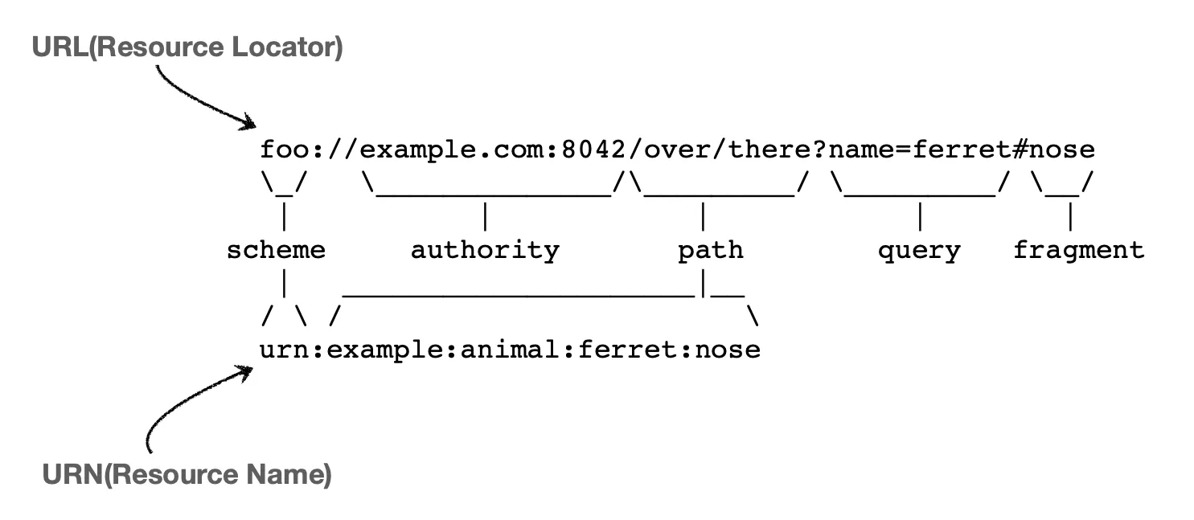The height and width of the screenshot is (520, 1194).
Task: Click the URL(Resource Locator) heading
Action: pos(187,48)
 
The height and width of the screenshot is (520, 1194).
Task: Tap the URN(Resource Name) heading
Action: pos(187,475)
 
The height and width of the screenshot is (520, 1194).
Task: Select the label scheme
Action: pos(276,250)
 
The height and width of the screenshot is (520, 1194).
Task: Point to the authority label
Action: pos(485,250)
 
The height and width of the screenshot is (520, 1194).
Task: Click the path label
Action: pos(711,250)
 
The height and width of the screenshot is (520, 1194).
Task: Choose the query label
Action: pos(919,250)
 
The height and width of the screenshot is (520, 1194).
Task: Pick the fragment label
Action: pos(1078,250)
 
